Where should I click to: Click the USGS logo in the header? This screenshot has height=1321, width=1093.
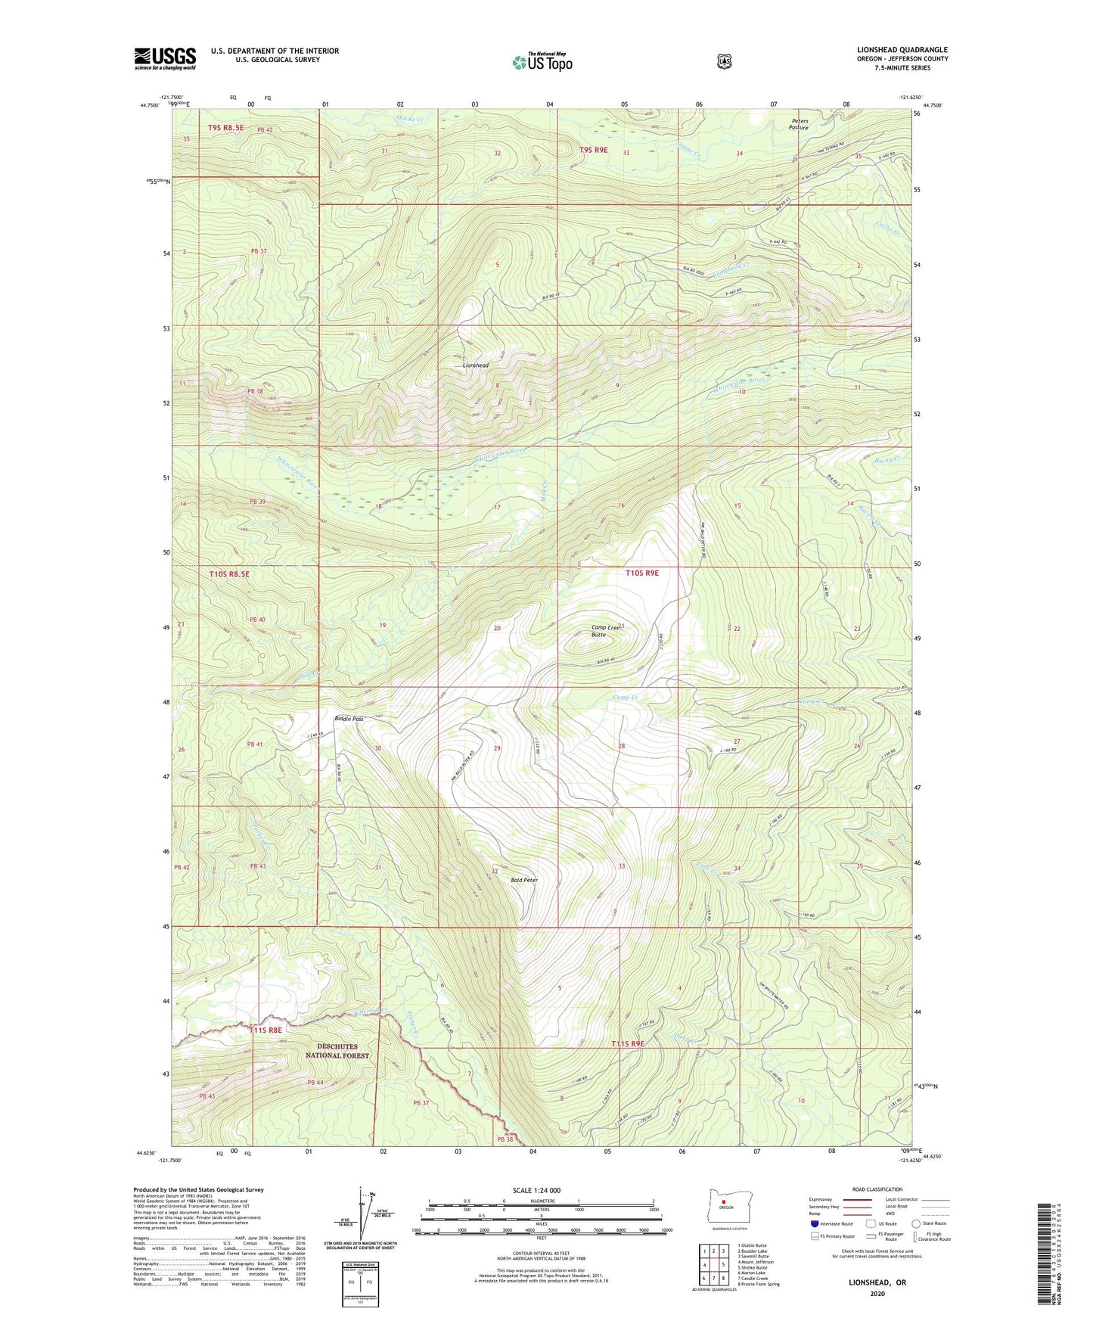(165, 58)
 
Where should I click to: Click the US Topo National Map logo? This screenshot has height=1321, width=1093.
(542, 61)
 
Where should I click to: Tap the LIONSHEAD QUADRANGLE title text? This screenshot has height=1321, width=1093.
(896, 50)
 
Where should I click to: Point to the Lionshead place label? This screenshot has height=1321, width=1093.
(476, 365)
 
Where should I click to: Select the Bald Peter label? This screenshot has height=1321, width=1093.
(524, 880)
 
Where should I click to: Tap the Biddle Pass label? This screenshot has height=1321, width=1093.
(349, 719)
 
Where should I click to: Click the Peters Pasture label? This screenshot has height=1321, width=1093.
(800, 124)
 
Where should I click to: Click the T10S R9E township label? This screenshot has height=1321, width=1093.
(641, 573)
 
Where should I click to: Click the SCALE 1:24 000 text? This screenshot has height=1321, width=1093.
(536, 1190)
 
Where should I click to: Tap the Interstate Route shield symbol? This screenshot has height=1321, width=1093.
(814, 1223)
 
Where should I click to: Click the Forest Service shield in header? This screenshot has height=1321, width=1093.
(724, 61)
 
